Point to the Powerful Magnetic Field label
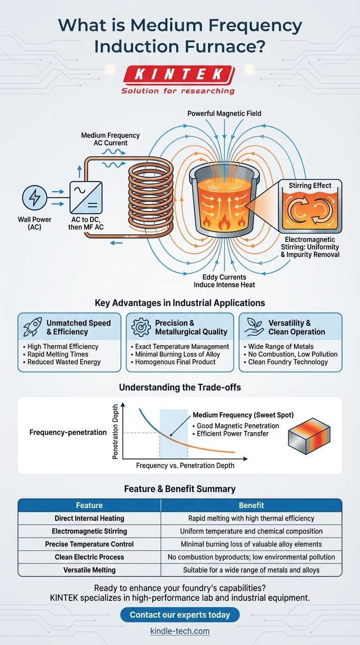pyautogui.click(x=224, y=113)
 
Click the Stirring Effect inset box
pyautogui.click(x=309, y=205)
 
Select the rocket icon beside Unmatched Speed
pyautogui.click(x=31, y=327)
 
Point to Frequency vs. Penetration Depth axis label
pyautogui.click(x=185, y=466)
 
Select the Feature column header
pyautogui.click(x=89, y=505)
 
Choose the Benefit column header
pyautogui.click(x=251, y=505)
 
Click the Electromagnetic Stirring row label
pyautogui.click(x=89, y=531)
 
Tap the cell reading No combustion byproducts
pyautogui.click(x=251, y=557)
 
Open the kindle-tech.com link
pyautogui.click(x=180, y=631)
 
